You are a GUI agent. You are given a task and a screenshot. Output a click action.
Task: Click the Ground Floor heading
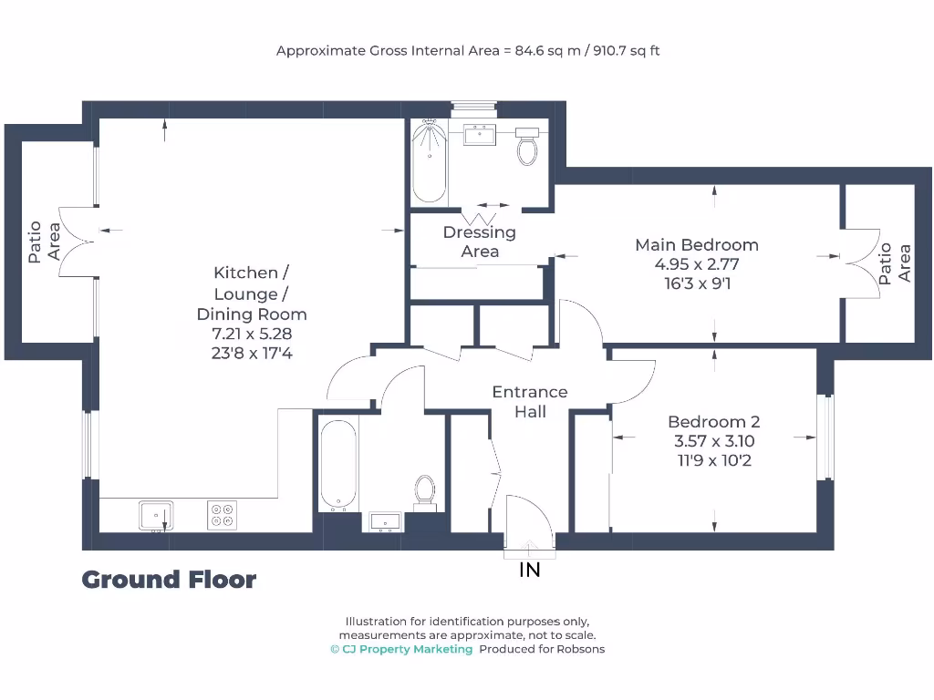click(169, 580)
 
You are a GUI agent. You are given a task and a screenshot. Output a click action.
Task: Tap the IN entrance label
click(529, 571)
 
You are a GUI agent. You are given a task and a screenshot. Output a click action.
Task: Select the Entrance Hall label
click(530, 402)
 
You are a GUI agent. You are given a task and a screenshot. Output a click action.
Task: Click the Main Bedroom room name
click(697, 244)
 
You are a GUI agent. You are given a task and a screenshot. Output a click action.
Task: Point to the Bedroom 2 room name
click(713, 422)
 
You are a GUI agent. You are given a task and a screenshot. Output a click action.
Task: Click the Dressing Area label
click(480, 242)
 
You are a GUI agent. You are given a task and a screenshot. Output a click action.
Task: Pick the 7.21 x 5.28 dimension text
click(252, 334)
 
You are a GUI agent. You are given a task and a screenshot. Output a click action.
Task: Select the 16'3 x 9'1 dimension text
click(697, 283)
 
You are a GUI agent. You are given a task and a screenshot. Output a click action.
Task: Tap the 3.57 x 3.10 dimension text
click(713, 441)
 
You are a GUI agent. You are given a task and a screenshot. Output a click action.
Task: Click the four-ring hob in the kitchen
click(222, 515)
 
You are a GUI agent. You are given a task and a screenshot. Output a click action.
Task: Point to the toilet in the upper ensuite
click(527, 147)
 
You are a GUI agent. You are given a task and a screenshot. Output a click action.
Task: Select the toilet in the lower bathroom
click(424, 490)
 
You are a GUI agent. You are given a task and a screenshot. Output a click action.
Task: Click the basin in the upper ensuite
click(479, 136)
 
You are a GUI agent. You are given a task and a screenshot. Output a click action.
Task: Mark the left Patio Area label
click(44, 242)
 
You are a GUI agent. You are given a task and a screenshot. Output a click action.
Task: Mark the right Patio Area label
click(893, 263)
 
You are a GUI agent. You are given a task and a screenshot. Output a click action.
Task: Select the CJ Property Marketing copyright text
click(401, 649)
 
